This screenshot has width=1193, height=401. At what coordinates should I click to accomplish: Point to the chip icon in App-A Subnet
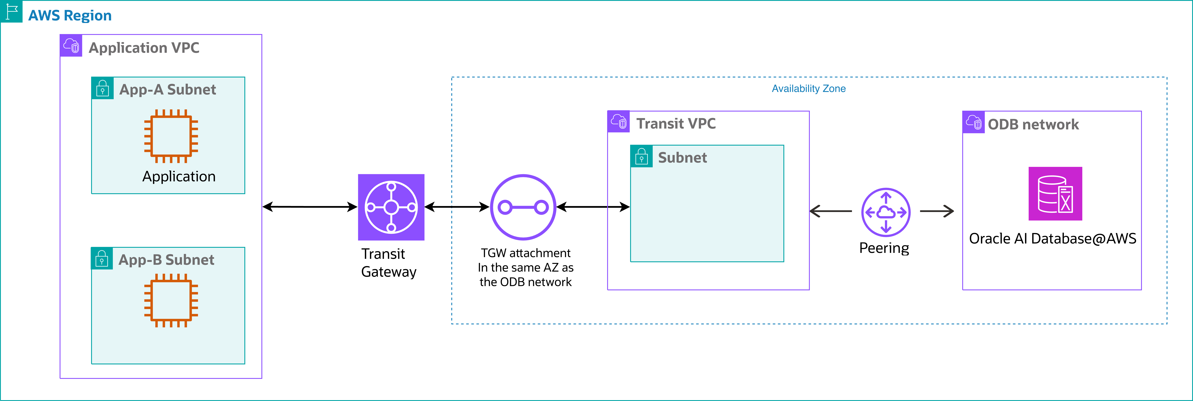pos(171,136)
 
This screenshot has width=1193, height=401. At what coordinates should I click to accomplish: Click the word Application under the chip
pos(179,176)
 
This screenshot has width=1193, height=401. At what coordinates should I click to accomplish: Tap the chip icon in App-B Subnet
pos(171,301)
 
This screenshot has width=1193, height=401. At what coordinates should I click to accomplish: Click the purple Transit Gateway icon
pos(391,207)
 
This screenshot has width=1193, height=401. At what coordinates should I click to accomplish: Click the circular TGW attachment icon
pos(523,207)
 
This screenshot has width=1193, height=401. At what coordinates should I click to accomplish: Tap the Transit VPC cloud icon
pos(619,122)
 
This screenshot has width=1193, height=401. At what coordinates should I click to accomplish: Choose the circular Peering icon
pos(885,212)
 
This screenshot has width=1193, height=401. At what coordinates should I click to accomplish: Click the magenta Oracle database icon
pos(1055,194)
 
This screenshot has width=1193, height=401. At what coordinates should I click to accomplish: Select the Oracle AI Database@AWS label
pos(1052,238)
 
